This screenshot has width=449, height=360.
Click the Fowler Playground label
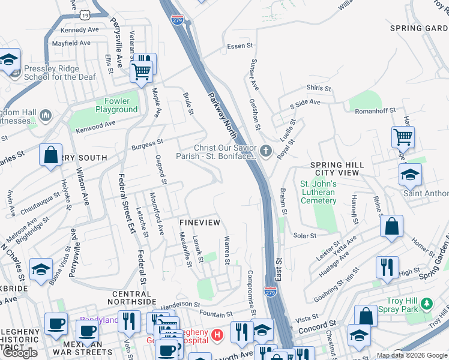pyautogui.click(x=116, y=105)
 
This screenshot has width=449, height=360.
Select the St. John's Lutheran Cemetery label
pyautogui.click(x=318, y=192)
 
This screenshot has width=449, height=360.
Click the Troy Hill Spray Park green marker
pyautogui.click(x=427, y=304)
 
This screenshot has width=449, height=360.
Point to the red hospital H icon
pyautogui.click(x=218, y=334)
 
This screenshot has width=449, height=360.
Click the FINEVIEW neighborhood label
pyautogui.click(x=200, y=223)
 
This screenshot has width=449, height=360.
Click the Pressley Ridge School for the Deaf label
pyautogui.click(x=51, y=73)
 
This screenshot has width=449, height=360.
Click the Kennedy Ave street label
pyautogui.click(x=79, y=29)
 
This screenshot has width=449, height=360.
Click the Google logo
pyautogui.click(x=20, y=353)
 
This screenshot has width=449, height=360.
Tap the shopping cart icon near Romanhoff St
pyautogui.click(x=403, y=137)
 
